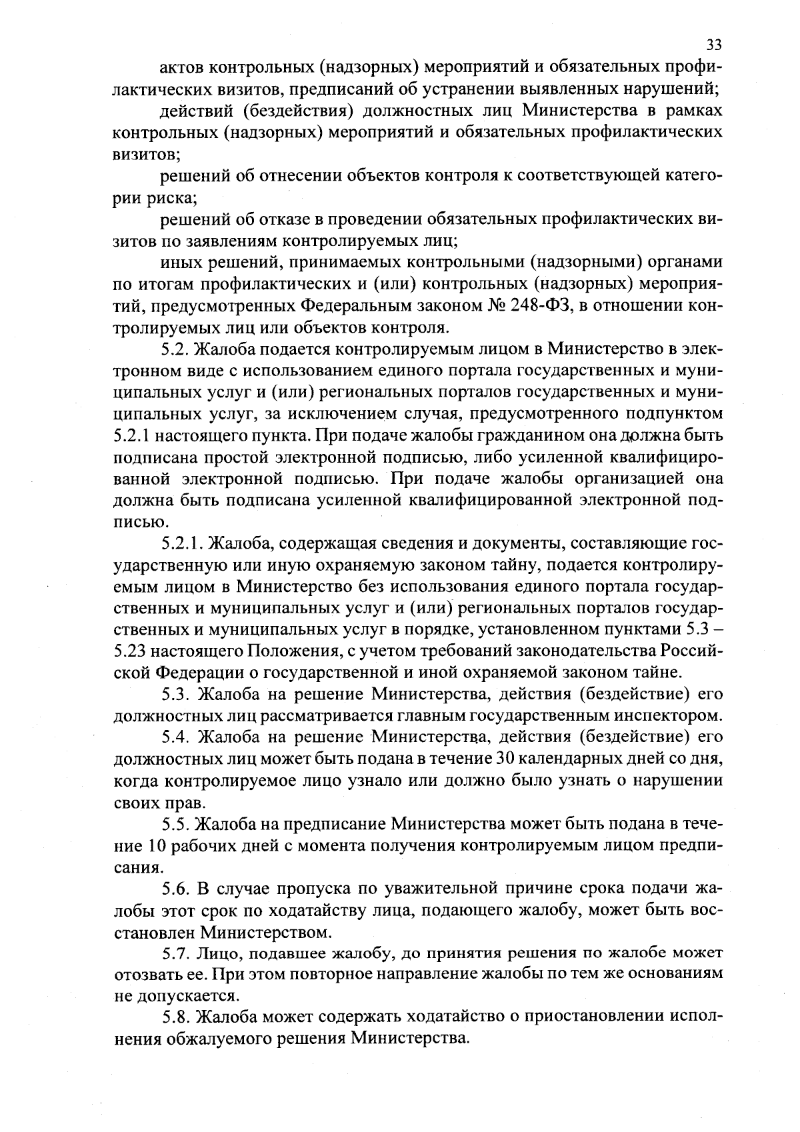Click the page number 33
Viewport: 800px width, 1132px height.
pos(713,45)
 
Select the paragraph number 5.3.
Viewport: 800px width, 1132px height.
pos(174,695)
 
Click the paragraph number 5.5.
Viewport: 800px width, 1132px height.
pos(174,824)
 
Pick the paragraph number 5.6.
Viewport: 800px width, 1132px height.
pos(174,889)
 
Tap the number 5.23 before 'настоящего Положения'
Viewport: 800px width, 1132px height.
pos(131,651)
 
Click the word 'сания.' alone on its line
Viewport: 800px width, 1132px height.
pos(137,867)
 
